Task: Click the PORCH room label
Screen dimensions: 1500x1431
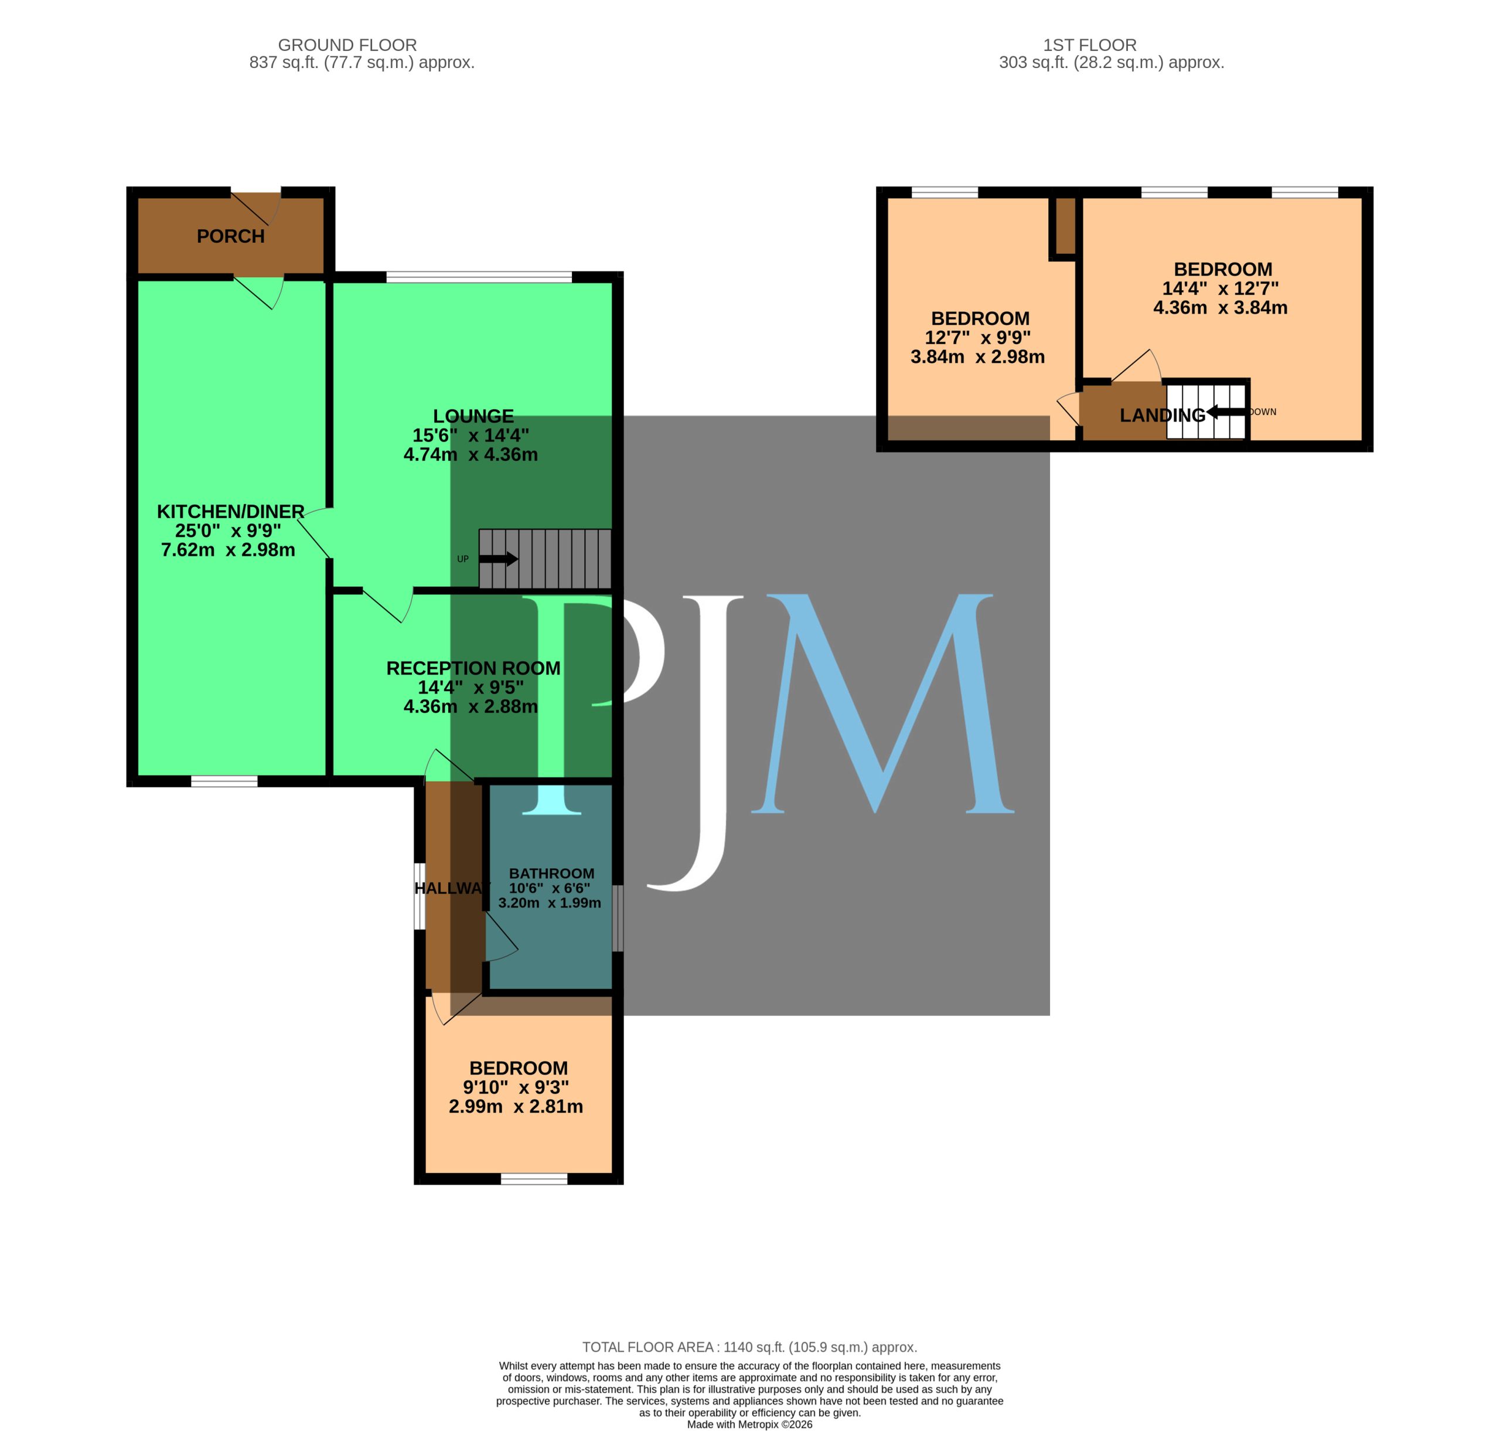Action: click(230, 236)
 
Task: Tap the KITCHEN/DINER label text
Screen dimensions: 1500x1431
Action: click(230, 511)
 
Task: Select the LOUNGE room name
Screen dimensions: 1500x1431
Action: click(473, 416)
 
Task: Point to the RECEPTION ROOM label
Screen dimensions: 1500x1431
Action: click(473, 668)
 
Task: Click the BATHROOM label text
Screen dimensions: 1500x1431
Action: click(551, 873)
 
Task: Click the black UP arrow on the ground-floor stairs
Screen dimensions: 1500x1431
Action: click(498, 559)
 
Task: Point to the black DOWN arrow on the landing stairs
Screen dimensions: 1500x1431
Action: click(1227, 412)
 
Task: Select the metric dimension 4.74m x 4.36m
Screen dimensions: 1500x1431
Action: click(471, 454)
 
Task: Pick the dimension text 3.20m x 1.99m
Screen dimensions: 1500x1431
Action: click(549, 902)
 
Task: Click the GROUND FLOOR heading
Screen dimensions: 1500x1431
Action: click(347, 45)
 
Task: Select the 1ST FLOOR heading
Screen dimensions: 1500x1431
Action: click(1090, 45)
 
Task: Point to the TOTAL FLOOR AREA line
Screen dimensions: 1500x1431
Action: click(749, 1347)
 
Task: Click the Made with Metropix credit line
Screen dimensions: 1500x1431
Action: click(749, 1424)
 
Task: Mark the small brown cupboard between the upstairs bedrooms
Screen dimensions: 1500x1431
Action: click(1065, 226)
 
